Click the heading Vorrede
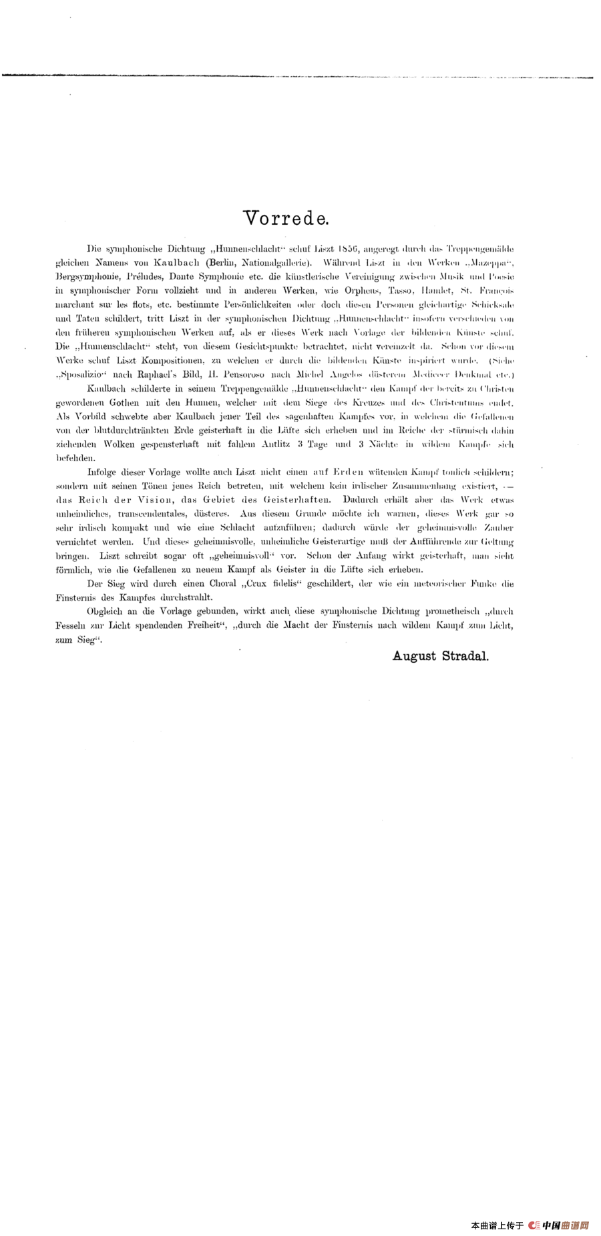pyautogui.click(x=285, y=218)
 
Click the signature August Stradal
pyautogui.click(x=441, y=655)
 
